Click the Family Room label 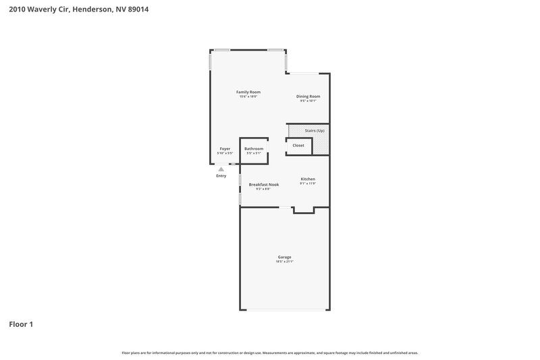click(x=248, y=92)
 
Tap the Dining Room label click(x=308, y=96)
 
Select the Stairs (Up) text click(x=315, y=130)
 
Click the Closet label click(x=298, y=145)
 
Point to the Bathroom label click(x=254, y=149)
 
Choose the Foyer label click(x=225, y=149)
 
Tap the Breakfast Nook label click(x=263, y=184)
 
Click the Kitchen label click(x=308, y=179)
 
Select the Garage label click(x=284, y=257)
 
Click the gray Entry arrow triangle click(x=221, y=170)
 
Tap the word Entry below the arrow click(x=221, y=176)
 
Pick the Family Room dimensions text click(x=248, y=97)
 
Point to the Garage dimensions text click(x=284, y=261)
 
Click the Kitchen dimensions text click(x=308, y=184)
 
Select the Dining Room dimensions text click(x=308, y=101)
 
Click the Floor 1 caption click(x=21, y=324)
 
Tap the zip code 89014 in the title click(x=134, y=9)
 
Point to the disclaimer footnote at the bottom click(x=269, y=353)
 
